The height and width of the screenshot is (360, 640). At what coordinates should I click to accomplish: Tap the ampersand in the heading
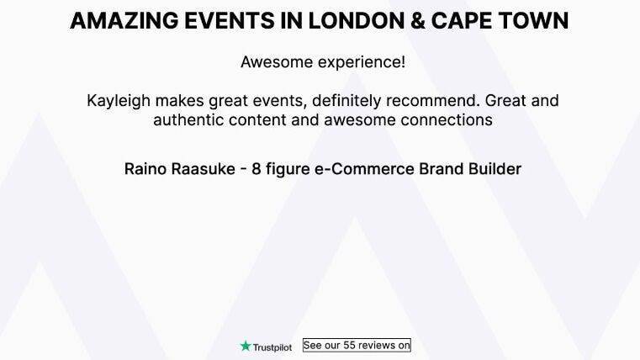[x=417, y=21]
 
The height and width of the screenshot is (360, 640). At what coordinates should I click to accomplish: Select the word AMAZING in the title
[x=124, y=21]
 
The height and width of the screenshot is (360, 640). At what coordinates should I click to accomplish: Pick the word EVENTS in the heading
[x=230, y=21]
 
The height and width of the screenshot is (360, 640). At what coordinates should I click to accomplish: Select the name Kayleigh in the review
[x=119, y=101]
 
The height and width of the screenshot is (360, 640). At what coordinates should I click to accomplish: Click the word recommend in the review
[x=432, y=100]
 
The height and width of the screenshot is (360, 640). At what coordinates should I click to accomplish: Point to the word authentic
[x=188, y=120]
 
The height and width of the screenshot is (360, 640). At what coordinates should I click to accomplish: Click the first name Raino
[x=145, y=169]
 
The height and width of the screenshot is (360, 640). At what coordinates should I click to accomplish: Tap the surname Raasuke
[x=203, y=169]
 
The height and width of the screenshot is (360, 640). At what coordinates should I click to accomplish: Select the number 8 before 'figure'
[x=256, y=169]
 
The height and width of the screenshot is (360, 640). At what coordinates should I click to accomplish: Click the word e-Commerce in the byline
[x=364, y=169]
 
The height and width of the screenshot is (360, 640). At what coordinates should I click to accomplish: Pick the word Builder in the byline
[x=495, y=169]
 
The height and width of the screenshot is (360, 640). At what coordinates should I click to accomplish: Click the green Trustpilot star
[x=246, y=347]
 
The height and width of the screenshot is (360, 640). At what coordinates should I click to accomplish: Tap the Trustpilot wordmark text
[x=272, y=347]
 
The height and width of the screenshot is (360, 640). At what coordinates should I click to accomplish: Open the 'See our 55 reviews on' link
[x=357, y=346]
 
